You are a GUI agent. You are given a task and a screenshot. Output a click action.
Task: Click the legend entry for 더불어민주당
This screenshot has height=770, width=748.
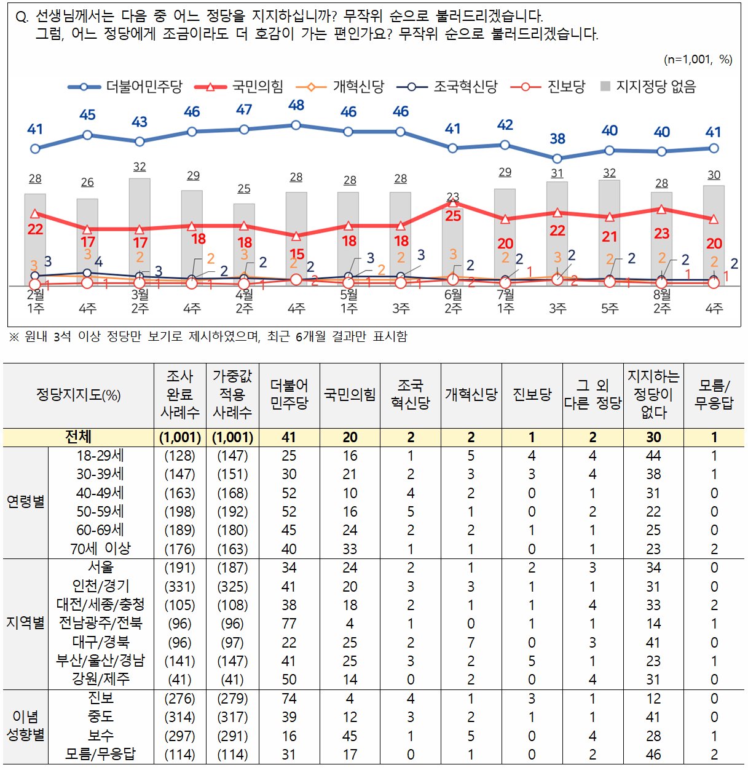pyautogui.click(x=125, y=86)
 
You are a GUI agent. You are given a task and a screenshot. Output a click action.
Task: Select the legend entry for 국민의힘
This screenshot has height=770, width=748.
pyautogui.click(x=238, y=86)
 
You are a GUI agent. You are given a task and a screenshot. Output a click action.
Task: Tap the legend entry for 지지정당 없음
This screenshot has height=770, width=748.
pyautogui.click(x=648, y=86)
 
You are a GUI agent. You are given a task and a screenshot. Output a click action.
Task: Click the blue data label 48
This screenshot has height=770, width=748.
pyautogui.click(x=296, y=105)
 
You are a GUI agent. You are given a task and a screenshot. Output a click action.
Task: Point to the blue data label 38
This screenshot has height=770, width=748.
pyautogui.click(x=557, y=138)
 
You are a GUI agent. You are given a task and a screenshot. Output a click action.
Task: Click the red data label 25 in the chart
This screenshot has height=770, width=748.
pyautogui.click(x=453, y=216)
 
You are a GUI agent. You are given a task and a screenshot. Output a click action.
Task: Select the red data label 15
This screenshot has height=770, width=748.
pyautogui.click(x=297, y=254)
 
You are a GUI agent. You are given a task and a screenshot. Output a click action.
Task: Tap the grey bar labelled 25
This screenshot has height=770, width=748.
pyautogui.click(x=244, y=245)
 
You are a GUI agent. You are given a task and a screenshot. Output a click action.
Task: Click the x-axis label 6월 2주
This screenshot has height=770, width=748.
pyautogui.click(x=453, y=301)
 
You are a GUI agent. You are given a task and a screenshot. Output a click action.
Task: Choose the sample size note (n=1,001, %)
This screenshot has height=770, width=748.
pyautogui.click(x=698, y=60)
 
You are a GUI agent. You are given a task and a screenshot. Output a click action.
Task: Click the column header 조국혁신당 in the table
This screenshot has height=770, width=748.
pyautogui.click(x=411, y=394)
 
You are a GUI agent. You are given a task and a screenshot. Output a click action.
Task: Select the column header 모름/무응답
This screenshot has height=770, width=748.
pyautogui.click(x=714, y=394)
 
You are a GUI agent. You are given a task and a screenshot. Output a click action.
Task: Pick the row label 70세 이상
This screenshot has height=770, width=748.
pyautogui.click(x=100, y=549)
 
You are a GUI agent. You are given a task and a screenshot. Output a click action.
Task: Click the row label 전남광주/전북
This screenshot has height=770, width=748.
pyautogui.click(x=100, y=623)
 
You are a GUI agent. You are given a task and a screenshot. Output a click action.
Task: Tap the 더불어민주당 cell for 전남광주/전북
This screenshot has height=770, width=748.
pyautogui.click(x=289, y=623)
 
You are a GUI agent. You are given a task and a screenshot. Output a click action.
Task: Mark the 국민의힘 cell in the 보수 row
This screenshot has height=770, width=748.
pyautogui.click(x=350, y=736)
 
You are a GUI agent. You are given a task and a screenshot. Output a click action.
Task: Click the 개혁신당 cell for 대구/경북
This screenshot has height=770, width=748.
pyautogui.click(x=471, y=642)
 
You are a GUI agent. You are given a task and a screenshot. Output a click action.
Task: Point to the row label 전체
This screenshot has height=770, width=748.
pyautogui.click(x=78, y=437)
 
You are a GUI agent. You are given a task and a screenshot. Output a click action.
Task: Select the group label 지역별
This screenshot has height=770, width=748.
pyautogui.click(x=25, y=623)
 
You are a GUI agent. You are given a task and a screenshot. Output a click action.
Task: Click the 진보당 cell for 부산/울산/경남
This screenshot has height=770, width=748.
pyautogui.click(x=532, y=661)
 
